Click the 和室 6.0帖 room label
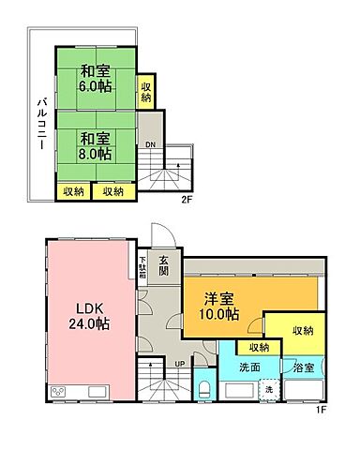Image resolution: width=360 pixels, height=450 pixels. point(95,77)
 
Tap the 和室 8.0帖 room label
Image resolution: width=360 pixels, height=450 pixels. point(95,145)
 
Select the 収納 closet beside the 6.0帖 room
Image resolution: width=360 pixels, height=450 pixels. point(146,91)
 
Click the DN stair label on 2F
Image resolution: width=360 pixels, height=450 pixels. point(150,143)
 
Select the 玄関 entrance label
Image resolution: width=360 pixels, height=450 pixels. point(163,265)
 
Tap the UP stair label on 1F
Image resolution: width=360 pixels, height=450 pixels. point(179,364)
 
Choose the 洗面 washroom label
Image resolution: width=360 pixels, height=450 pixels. point(247,367)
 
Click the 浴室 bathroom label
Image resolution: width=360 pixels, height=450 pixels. point(302,368)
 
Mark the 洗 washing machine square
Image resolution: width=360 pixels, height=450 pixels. point(268,389)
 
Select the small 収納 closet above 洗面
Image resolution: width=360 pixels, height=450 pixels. point(258,347)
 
